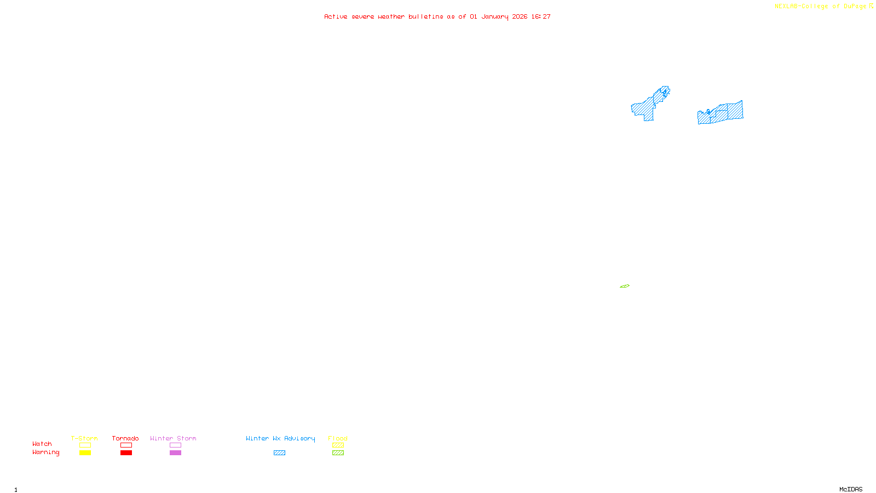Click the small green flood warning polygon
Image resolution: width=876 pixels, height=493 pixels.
click(x=625, y=286)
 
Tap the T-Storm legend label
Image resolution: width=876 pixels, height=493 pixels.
click(x=84, y=438)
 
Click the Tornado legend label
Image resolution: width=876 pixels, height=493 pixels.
click(x=125, y=438)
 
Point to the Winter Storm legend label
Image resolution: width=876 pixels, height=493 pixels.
click(x=173, y=438)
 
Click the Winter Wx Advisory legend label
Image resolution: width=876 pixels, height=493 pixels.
click(x=280, y=438)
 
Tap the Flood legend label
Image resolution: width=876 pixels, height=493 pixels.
click(x=338, y=438)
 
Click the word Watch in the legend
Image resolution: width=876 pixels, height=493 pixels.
click(x=42, y=444)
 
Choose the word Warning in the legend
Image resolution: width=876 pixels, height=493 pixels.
click(x=45, y=452)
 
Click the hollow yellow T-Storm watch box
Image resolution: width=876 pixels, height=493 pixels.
click(x=85, y=445)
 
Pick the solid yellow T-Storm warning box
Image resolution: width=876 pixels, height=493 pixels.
click(x=85, y=453)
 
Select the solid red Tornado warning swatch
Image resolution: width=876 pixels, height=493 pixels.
click(x=126, y=453)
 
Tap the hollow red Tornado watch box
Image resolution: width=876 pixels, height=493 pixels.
click(x=126, y=445)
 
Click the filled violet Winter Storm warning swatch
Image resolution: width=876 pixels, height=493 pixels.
click(x=175, y=453)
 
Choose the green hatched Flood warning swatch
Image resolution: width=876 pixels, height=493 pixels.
click(x=338, y=453)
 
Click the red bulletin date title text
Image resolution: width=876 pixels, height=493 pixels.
click(x=437, y=16)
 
